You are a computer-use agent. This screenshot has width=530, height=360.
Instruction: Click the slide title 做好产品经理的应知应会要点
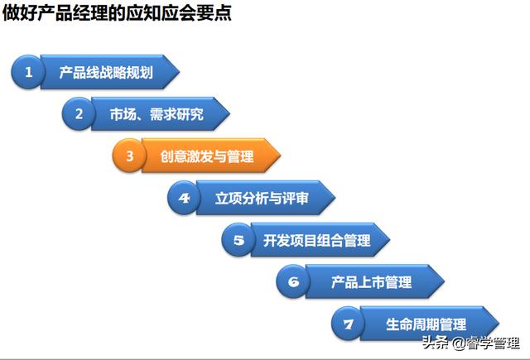click(x=117, y=14)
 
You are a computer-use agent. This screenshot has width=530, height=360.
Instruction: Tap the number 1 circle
click(x=29, y=72)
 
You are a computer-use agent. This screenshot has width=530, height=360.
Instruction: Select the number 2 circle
click(x=79, y=114)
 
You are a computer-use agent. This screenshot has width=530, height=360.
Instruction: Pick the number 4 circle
click(x=184, y=199)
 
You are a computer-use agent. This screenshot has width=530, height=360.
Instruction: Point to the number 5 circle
click(x=238, y=241)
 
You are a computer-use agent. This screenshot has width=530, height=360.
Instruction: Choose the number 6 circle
click(x=292, y=282)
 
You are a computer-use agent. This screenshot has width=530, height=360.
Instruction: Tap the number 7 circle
click(x=348, y=324)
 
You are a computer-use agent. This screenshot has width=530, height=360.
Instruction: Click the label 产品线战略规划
click(x=105, y=72)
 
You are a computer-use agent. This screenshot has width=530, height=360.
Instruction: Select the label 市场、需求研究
click(x=156, y=114)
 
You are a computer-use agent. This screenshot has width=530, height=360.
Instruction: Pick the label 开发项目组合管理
click(x=316, y=241)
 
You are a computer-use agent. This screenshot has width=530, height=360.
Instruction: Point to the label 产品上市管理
click(x=371, y=282)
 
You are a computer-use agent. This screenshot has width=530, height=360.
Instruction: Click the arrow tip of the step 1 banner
click(x=176, y=72)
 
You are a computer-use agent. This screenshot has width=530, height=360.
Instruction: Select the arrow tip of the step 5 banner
click(x=388, y=241)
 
